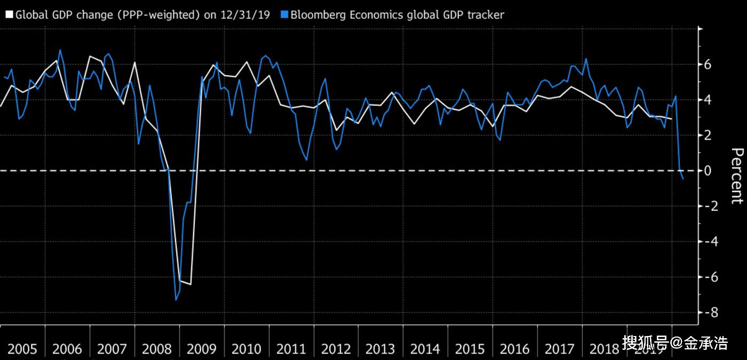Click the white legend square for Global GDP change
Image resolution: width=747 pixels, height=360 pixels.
(x=9, y=15)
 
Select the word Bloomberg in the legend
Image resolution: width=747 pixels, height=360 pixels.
(x=318, y=15)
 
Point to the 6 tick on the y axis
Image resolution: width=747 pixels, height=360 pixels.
(x=708, y=65)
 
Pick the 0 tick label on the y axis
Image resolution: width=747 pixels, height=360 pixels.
(x=708, y=171)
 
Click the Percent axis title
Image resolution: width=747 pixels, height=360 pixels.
(x=736, y=176)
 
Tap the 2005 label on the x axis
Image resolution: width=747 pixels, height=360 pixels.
(x=22, y=349)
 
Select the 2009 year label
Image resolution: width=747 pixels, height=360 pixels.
(x=202, y=349)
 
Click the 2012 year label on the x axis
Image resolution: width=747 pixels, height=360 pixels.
(x=336, y=349)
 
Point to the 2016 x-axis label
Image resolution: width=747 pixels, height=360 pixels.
(x=515, y=349)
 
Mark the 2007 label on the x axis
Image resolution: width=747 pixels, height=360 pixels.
(x=112, y=349)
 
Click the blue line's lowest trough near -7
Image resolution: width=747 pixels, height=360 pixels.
(x=176, y=300)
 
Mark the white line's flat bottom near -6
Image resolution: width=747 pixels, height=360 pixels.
(x=185, y=283)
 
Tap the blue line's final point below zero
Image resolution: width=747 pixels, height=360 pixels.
(x=682, y=179)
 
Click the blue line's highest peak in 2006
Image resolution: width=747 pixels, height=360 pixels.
(x=60, y=50)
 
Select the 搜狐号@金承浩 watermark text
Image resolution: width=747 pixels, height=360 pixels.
(x=675, y=342)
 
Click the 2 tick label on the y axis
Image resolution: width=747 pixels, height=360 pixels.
(x=708, y=135)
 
